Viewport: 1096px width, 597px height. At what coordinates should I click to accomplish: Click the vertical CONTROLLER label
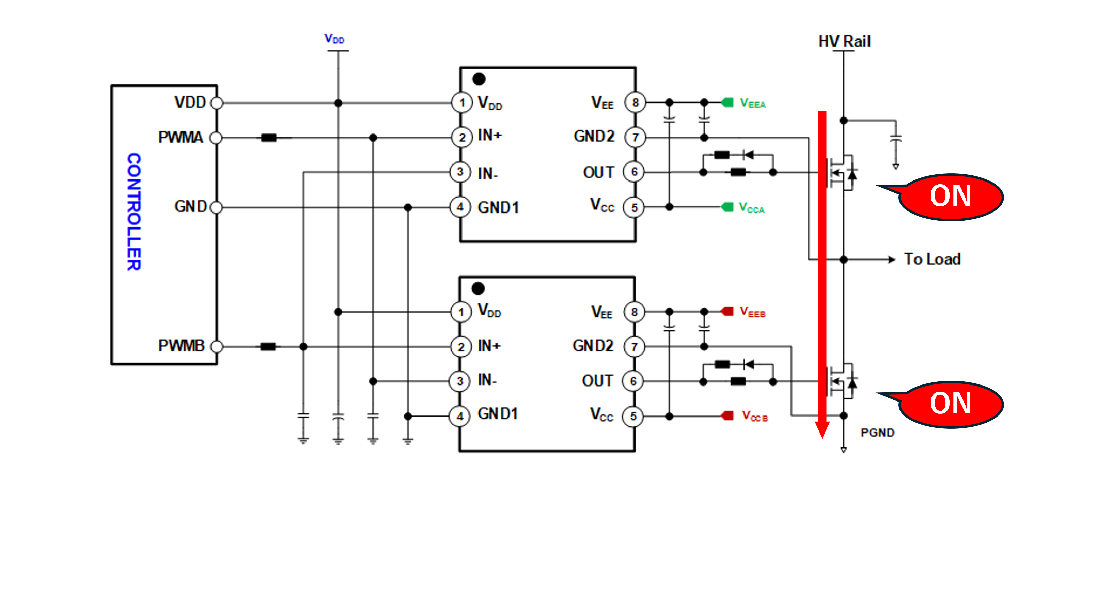[134, 211]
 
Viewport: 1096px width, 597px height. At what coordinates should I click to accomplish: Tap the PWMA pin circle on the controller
[216, 138]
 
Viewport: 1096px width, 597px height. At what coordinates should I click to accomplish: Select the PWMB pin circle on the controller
[217, 347]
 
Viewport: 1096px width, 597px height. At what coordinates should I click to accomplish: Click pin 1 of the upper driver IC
[461, 103]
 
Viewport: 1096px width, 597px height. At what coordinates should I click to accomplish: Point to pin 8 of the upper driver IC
[635, 103]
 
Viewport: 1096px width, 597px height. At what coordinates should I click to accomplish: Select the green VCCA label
[751, 208]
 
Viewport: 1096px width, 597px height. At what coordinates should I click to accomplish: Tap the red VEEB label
[752, 312]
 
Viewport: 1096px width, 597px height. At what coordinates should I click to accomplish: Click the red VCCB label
[755, 416]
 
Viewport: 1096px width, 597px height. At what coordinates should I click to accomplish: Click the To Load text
[932, 259]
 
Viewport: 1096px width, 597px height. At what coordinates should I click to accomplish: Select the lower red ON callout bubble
[951, 404]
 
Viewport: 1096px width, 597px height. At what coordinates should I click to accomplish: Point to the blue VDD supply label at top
[334, 39]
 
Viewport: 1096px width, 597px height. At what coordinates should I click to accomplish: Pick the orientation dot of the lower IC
[478, 288]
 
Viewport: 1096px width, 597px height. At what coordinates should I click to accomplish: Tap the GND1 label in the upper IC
[498, 208]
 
